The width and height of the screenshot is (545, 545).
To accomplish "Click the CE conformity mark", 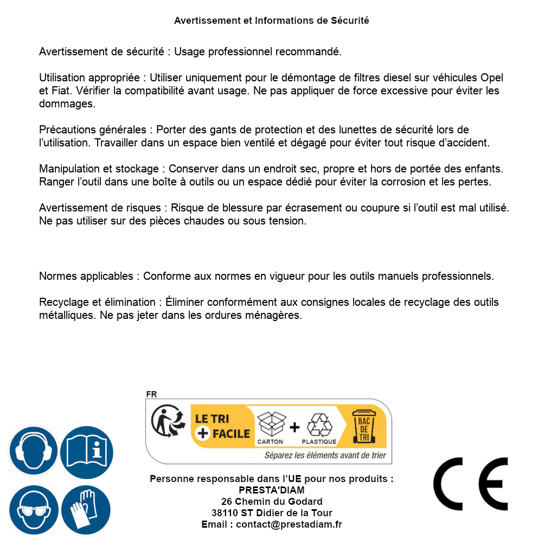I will [x=470, y=484].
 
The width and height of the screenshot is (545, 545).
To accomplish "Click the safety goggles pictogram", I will [x=33, y=510].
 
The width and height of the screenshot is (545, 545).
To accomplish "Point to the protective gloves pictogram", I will [x=86, y=510].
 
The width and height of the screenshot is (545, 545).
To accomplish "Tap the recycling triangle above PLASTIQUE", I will [x=318, y=425].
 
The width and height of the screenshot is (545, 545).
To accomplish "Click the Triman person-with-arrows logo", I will [x=165, y=421].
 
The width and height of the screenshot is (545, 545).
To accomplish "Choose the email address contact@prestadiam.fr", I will [x=289, y=524].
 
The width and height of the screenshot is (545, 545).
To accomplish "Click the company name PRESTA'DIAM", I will [x=272, y=490].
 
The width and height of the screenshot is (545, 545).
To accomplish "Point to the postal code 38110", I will [x=224, y=513].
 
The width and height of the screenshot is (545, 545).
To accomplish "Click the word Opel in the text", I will [x=492, y=78].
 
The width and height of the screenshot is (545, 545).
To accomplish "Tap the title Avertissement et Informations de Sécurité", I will [x=272, y=21].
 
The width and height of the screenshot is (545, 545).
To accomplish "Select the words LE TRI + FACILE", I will [x=222, y=426].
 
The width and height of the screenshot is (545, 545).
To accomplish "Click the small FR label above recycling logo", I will [x=151, y=394].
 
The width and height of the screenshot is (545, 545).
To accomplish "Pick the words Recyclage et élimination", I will [x=98, y=302].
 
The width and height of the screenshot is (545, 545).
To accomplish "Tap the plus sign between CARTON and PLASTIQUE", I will [x=294, y=427].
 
